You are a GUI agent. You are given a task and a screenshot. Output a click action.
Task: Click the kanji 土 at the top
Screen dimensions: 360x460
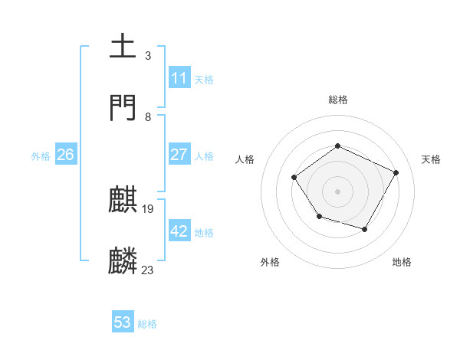click(123, 47)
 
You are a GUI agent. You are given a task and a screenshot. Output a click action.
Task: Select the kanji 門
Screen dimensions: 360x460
click(123, 108)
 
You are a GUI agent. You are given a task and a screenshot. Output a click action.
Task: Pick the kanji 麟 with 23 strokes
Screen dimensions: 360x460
click(123, 261)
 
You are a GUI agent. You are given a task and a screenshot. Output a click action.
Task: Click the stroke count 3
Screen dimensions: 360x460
click(147, 55)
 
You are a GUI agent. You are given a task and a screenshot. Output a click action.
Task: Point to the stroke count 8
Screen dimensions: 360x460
click(148, 117)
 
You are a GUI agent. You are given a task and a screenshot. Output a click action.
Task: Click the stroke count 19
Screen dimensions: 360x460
click(149, 208)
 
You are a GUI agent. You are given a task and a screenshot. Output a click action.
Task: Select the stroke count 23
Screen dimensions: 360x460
click(148, 270)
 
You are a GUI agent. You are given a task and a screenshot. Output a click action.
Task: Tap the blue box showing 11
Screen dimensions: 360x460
click(179, 78)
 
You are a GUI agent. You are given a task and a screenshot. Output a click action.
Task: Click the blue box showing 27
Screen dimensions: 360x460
click(179, 155)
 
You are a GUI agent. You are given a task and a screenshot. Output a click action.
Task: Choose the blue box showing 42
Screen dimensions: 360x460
click(179, 231)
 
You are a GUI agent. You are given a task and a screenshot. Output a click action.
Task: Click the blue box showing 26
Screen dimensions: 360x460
click(65, 155)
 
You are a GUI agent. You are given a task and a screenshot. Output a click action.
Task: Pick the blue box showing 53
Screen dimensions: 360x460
click(122, 322)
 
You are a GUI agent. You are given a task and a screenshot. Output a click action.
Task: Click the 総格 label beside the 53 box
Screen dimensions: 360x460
click(147, 324)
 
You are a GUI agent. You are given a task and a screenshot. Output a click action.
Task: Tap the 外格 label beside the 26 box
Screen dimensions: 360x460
click(41, 156)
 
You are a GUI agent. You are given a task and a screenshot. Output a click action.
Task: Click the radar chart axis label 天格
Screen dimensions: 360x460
click(431, 159)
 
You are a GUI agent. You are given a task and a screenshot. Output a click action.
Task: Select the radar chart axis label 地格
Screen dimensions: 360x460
click(402, 262)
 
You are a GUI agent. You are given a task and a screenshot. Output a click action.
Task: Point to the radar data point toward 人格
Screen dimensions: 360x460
click(294, 178)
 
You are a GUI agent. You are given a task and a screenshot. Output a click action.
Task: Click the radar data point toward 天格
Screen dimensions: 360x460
click(396, 172)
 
